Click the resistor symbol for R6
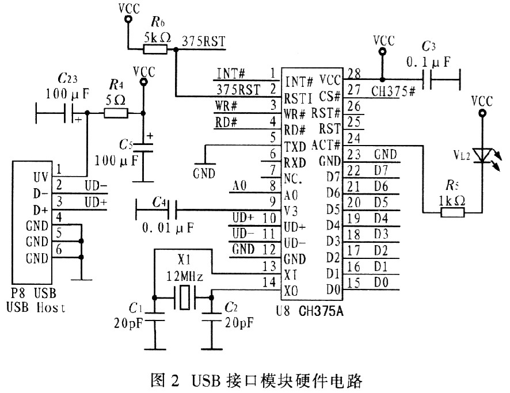pyautogui.click(x=155, y=49)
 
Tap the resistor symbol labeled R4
pyautogui.click(x=115, y=113)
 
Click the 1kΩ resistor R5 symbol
pyautogui.click(x=452, y=212)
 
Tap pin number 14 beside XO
pyautogui.click(x=269, y=283)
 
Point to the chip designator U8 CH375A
pyautogui.click(x=310, y=314)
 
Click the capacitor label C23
pyautogui.click(x=69, y=78)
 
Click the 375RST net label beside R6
pyautogui.click(x=203, y=41)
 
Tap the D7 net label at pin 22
pyautogui.click(x=382, y=171)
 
